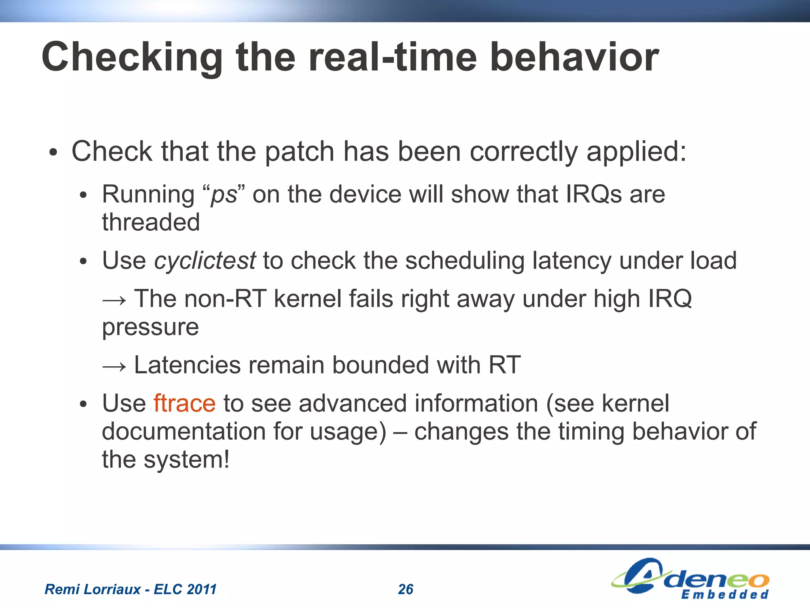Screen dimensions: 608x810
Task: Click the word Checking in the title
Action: pyautogui.click(x=132, y=57)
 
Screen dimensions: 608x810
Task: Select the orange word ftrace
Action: pyautogui.click(x=184, y=403)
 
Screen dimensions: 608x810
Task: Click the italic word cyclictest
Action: pyautogui.click(x=205, y=261)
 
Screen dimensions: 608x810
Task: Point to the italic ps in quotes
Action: pyautogui.click(x=224, y=195)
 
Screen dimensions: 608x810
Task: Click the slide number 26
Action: pyautogui.click(x=405, y=589)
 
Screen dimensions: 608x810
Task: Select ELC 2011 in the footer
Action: pyautogui.click(x=185, y=589)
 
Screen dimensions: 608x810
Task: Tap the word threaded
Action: pyautogui.click(x=151, y=222)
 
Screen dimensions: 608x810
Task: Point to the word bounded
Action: pyautogui.click(x=380, y=365)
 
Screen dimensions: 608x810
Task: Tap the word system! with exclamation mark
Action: pyautogui.click(x=186, y=460)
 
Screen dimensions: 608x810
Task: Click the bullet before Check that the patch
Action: pyautogui.click(x=53, y=153)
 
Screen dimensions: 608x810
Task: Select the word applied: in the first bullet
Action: pyautogui.click(x=636, y=152)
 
